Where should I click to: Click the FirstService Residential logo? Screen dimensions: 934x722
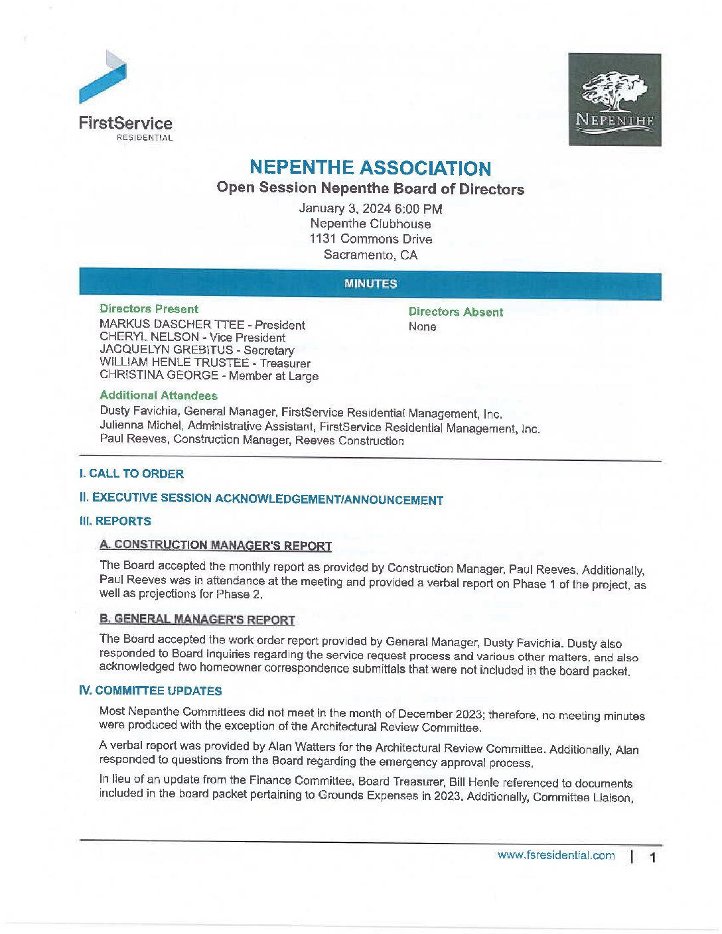coord(125,96)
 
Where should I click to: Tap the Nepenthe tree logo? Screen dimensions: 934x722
coord(614,100)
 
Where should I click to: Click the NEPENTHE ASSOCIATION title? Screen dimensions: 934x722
coord(370,168)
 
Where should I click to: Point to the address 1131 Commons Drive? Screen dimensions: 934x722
coord(370,239)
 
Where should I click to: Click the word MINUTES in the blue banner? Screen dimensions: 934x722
coord(370,284)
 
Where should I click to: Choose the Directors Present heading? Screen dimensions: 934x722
coord(149,309)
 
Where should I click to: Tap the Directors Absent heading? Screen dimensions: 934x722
coord(455,312)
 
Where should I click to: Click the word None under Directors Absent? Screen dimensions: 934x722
coord(422,326)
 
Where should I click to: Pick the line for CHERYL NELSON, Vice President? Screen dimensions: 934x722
coord(192,337)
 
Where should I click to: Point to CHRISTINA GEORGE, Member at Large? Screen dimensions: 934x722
coord(209,375)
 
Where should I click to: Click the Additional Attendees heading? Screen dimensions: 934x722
coord(159,395)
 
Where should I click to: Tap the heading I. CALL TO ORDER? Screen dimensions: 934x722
coord(131,474)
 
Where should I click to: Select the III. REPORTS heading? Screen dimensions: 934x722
coord(115,521)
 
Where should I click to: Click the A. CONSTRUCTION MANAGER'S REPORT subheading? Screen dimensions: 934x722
coord(216,545)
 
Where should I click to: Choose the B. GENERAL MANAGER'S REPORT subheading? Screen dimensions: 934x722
coord(197,620)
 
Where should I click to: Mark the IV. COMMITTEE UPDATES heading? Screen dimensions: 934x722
coord(150,691)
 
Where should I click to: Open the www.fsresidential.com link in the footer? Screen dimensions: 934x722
coord(556,856)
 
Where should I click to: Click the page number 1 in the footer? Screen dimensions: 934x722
coord(653,857)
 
